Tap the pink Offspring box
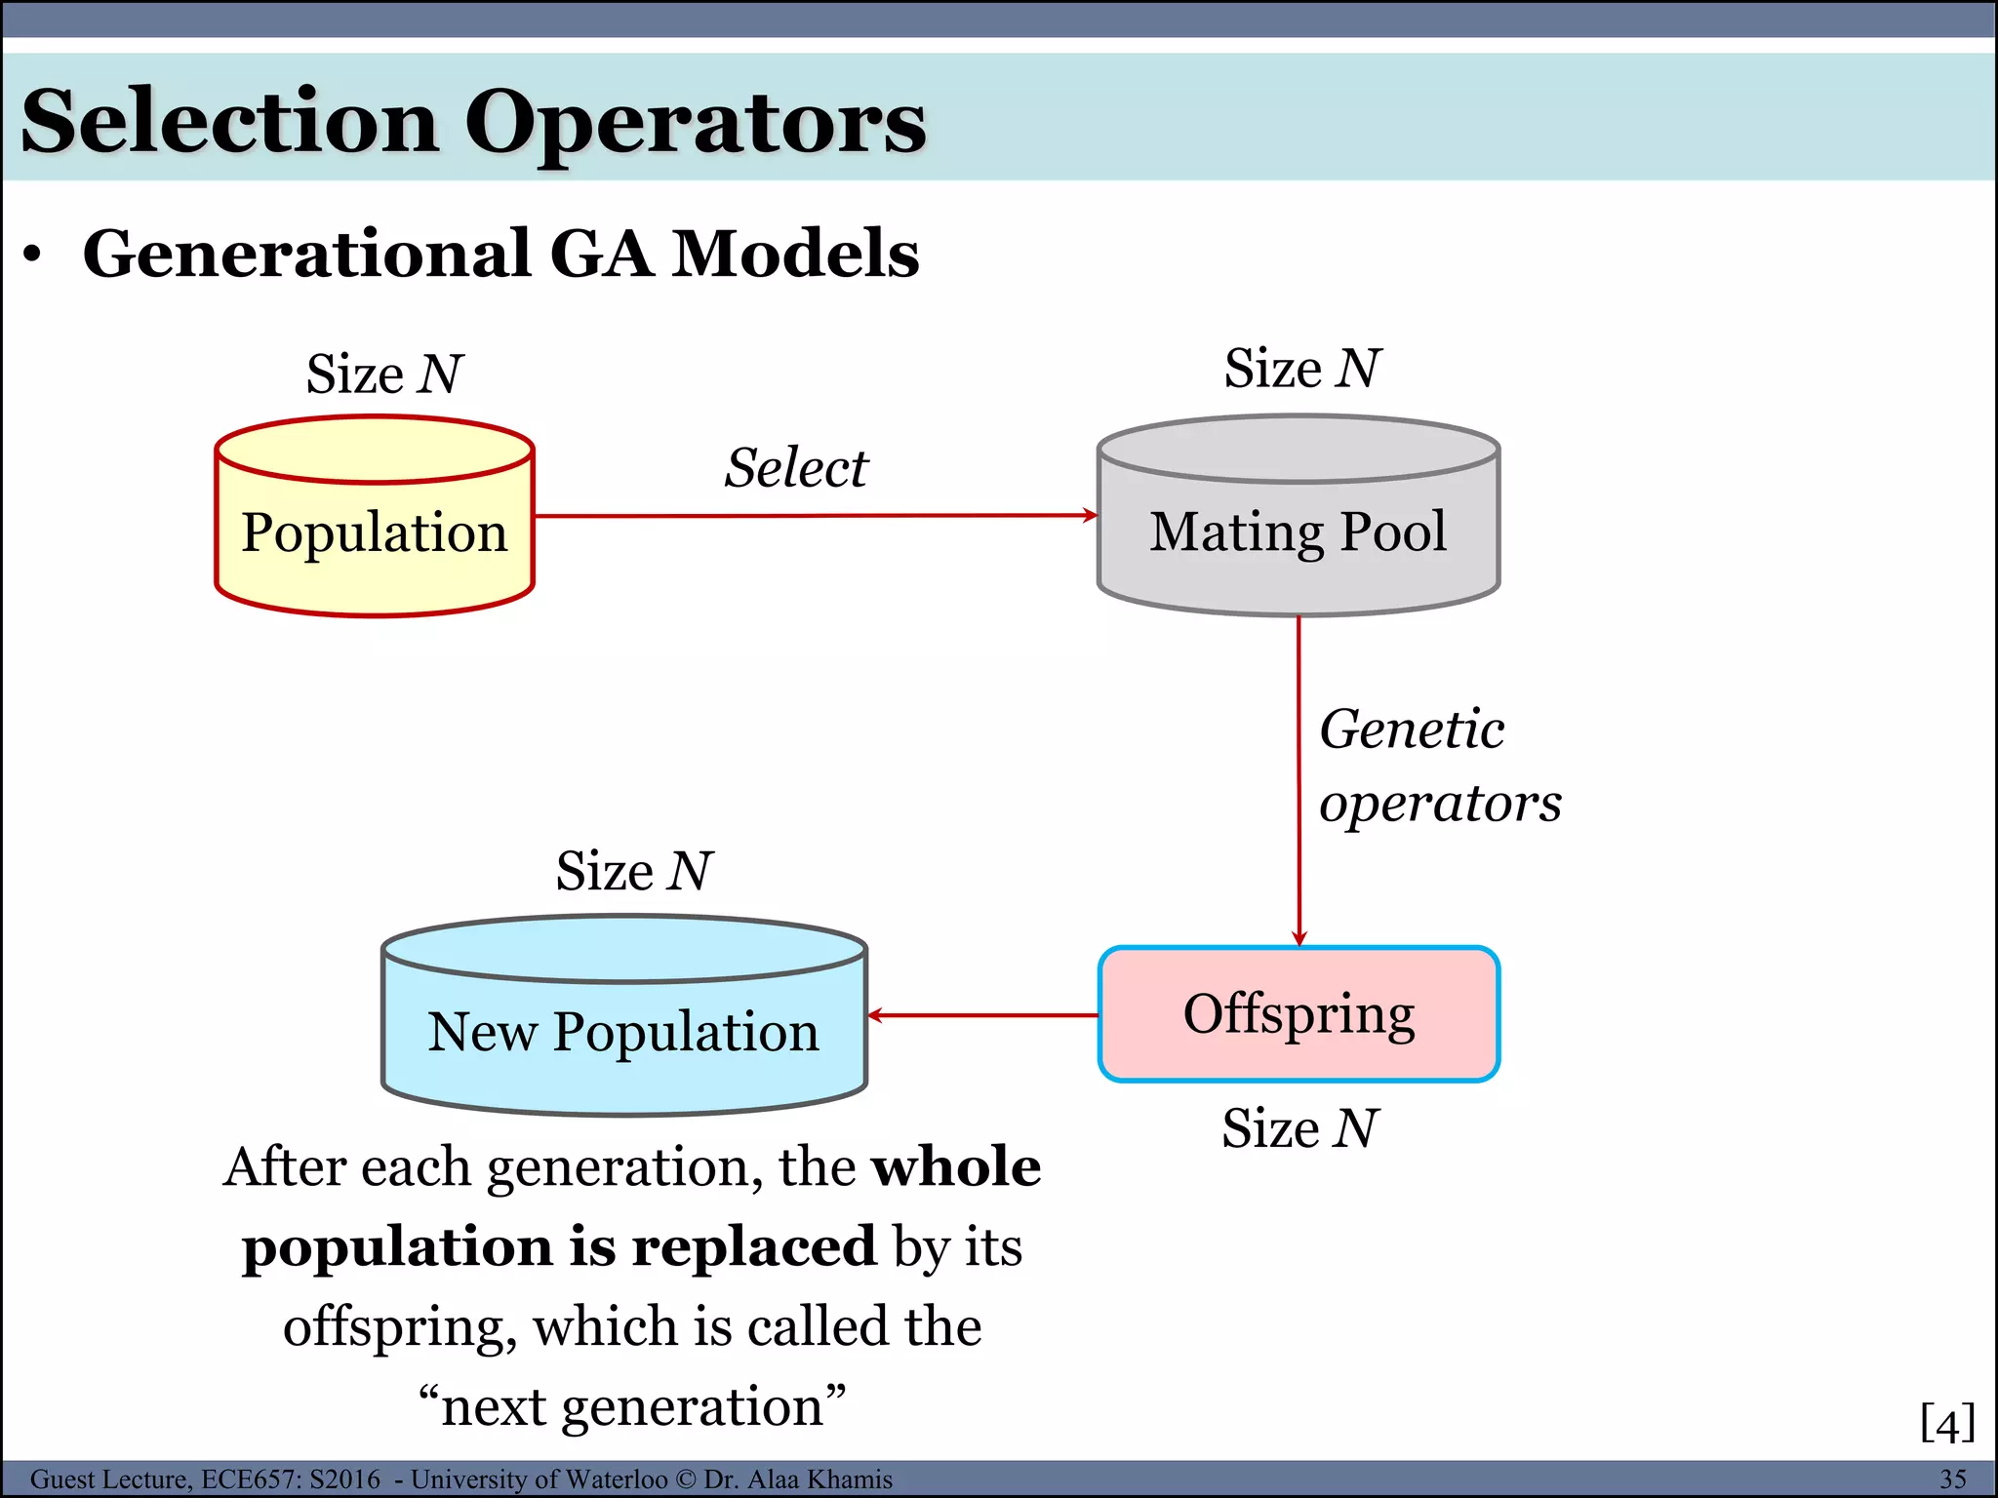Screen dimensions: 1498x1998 click(x=1299, y=1014)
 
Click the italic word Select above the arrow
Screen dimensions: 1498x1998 click(x=795, y=468)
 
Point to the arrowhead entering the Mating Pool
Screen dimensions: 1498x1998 click(x=1091, y=515)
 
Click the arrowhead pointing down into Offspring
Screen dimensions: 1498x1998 click(x=1299, y=938)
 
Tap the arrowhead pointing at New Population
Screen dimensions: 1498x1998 click(x=875, y=1015)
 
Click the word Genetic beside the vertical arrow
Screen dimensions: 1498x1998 click(x=1412, y=729)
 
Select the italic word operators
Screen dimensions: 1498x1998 click(x=1440, y=804)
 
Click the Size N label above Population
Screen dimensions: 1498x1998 click(x=384, y=374)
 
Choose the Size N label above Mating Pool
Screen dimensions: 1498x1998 click(x=1302, y=369)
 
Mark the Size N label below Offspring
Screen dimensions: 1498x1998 click(x=1299, y=1128)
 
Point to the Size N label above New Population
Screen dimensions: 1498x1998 click(x=634, y=871)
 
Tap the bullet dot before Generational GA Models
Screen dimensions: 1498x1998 click(x=33, y=256)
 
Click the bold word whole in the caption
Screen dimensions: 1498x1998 click(x=956, y=1166)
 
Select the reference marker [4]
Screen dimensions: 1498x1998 click(x=1947, y=1423)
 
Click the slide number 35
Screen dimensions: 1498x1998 click(x=1952, y=1479)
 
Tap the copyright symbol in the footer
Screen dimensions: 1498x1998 click(x=685, y=1479)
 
